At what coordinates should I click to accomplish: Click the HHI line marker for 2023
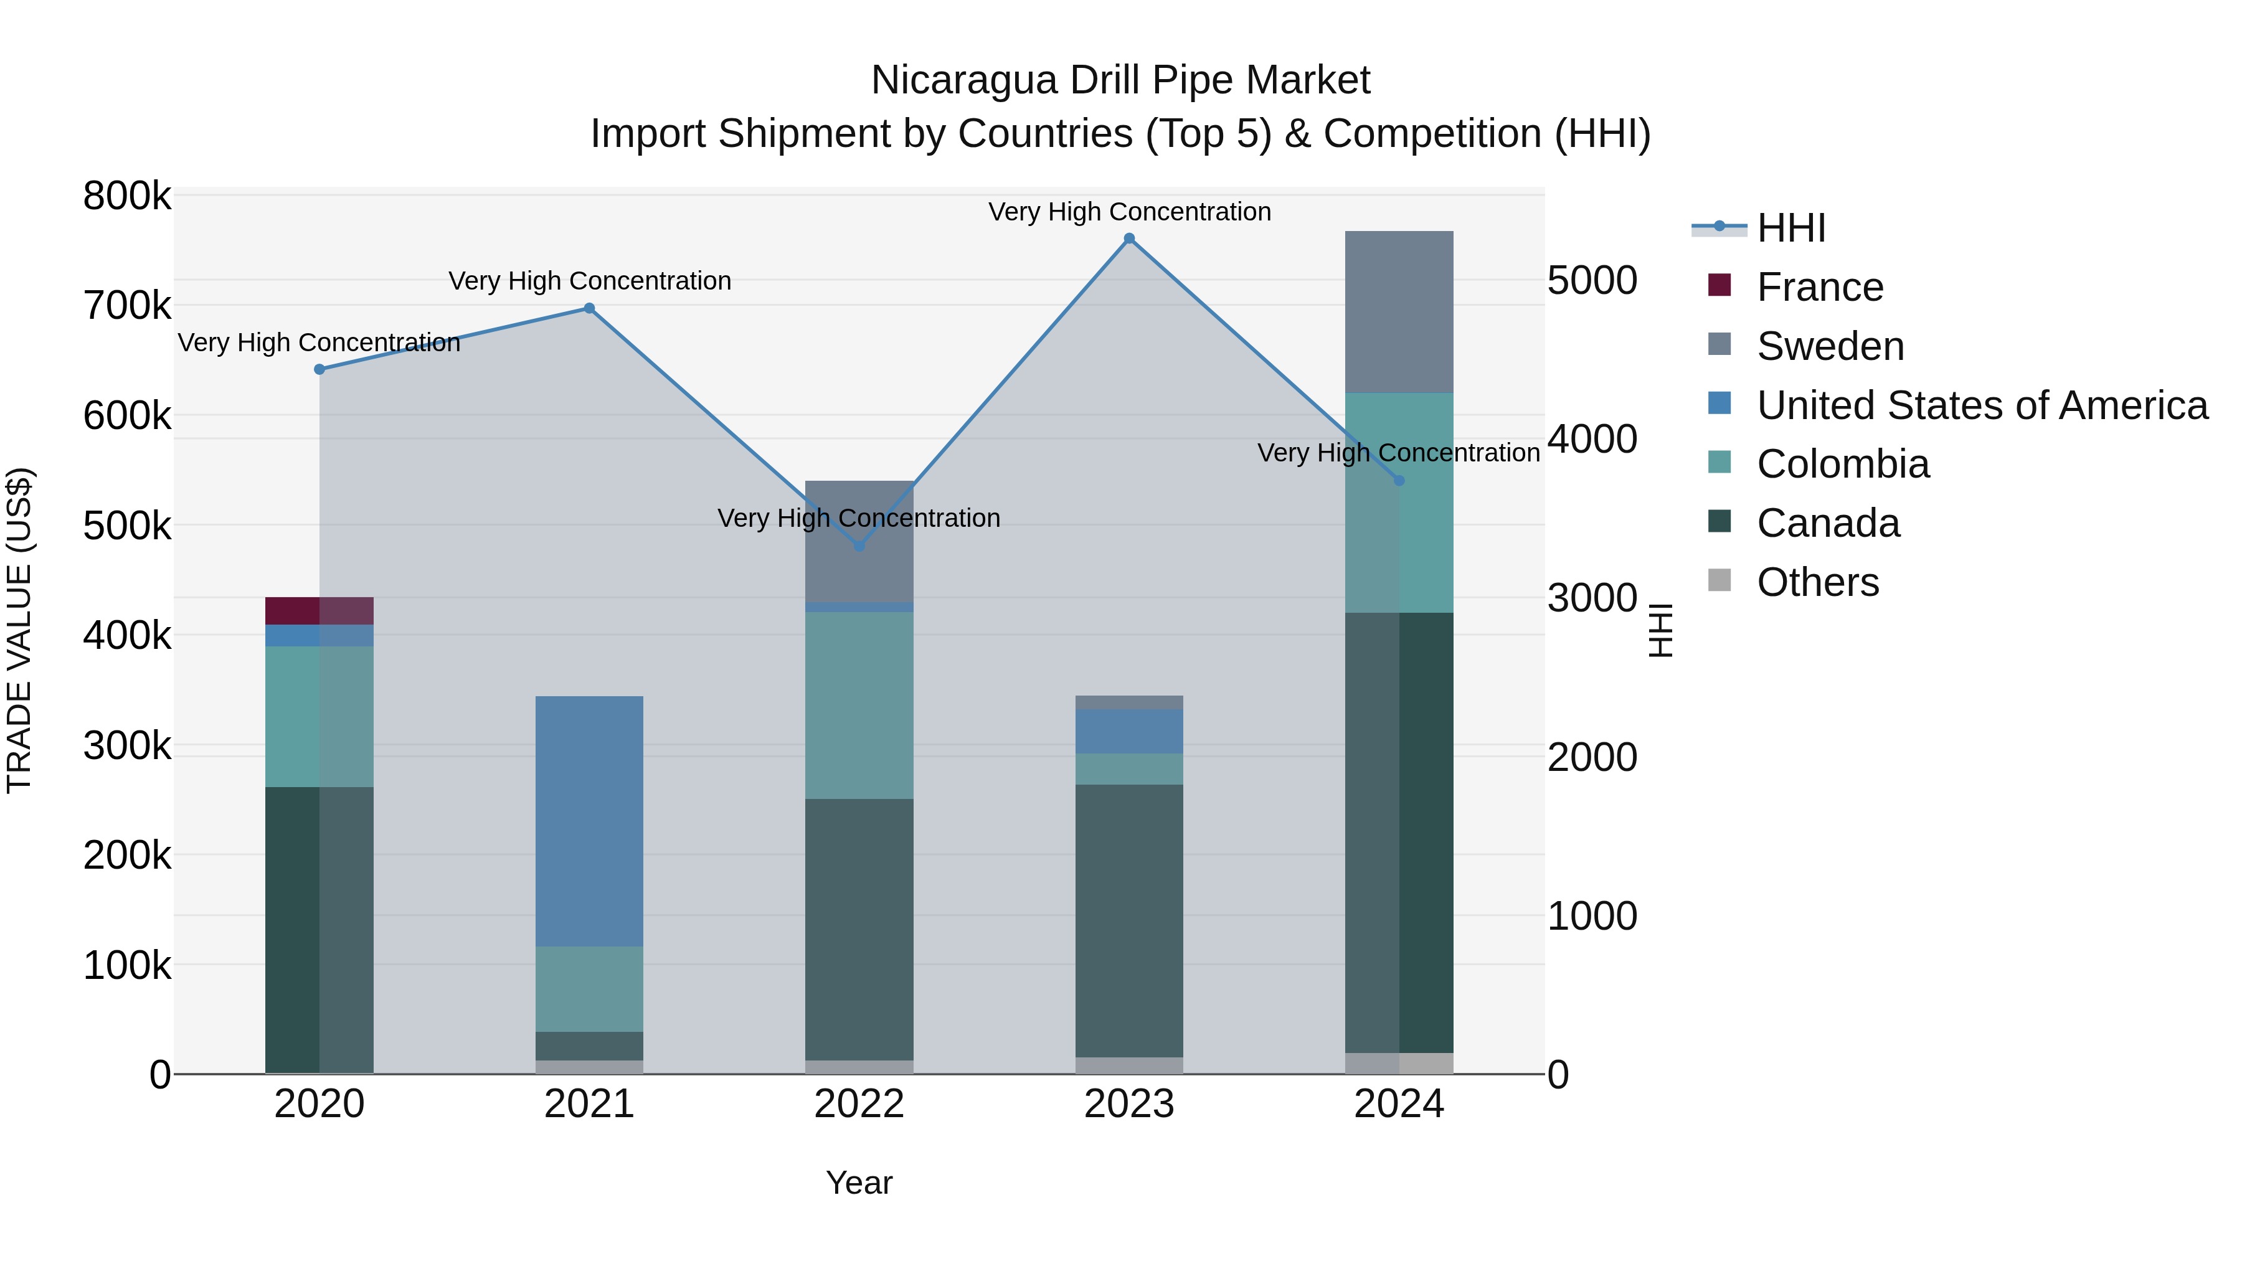click(1129, 239)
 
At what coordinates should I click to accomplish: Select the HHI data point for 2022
click(859, 545)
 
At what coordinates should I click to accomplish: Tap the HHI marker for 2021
click(589, 308)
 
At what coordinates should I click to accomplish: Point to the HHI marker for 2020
click(319, 369)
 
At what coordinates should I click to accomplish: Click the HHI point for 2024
click(1399, 480)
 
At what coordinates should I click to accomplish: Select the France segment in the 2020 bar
click(319, 610)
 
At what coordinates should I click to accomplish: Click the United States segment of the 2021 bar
click(589, 821)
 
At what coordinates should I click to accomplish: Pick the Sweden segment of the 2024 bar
click(1399, 311)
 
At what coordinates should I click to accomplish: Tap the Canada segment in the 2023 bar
click(1129, 921)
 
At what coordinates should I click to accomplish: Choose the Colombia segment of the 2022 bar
click(859, 705)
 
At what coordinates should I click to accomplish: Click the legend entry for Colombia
click(1843, 464)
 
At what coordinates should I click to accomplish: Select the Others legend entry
click(1817, 582)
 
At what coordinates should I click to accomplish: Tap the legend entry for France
click(1820, 287)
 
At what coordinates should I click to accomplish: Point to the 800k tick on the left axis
click(127, 197)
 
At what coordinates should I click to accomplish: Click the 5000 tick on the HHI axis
click(1592, 280)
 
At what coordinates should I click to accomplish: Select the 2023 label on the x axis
click(1129, 1104)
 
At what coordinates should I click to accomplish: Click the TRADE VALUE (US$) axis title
click(19, 630)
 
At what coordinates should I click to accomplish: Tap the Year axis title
click(859, 1183)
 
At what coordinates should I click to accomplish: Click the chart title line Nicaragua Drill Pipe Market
click(1120, 80)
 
